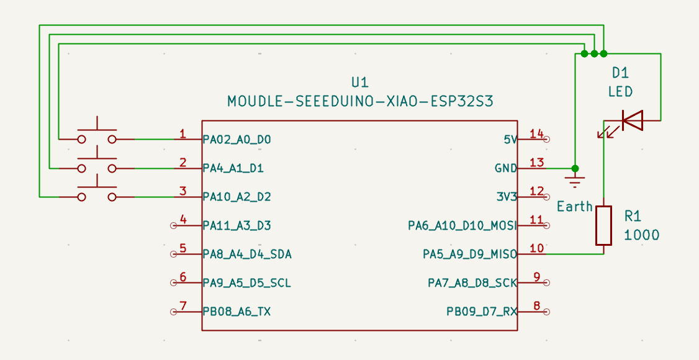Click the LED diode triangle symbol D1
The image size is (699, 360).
(632, 120)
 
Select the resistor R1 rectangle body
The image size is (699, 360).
(603, 225)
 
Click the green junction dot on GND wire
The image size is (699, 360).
(575, 168)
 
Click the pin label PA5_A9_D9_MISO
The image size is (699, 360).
(470, 254)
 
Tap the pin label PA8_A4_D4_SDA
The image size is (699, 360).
(247, 254)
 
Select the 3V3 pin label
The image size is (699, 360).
(507, 197)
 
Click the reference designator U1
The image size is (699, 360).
(360, 82)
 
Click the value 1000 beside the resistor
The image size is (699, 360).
(641, 235)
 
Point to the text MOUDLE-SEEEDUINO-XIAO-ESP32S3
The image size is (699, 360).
(360, 101)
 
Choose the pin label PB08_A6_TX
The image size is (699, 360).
(237, 312)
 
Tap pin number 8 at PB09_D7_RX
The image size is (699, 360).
(536, 306)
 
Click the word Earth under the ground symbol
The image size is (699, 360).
(575, 206)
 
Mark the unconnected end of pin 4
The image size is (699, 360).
(174, 225)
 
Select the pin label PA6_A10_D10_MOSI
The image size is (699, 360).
(462, 225)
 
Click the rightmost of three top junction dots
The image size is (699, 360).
(603, 54)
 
